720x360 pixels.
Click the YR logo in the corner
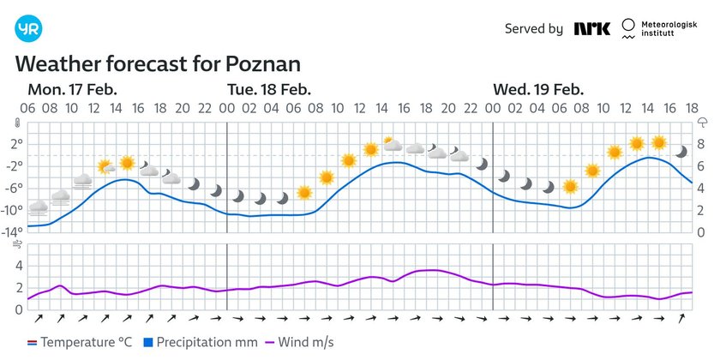[x=28, y=28]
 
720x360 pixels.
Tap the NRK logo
[x=592, y=29]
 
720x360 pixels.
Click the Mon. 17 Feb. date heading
[x=73, y=90]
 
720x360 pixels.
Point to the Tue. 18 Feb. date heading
[x=268, y=90]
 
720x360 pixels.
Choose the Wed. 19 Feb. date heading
[x=537, y=90]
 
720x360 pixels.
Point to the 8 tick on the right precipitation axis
[x=701, y=143]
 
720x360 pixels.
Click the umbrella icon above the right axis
[x=702, y=123]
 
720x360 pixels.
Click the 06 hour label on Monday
[x=28, y=109]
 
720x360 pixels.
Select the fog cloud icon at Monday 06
[x=39, y=207]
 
